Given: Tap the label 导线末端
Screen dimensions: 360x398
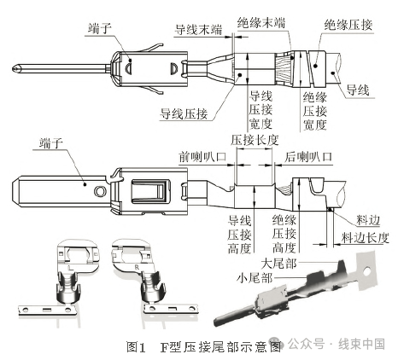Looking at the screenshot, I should click(x=198, y=28).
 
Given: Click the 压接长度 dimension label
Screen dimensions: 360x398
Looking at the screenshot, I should click(x=255, y=138).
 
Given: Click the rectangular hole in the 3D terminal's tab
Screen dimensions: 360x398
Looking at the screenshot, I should click(x=368, y=275).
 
